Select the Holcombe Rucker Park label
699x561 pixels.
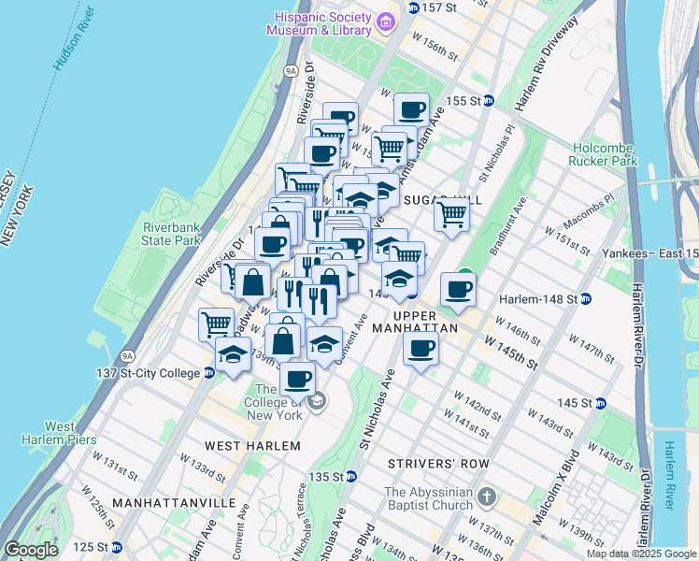[x=602, y=151]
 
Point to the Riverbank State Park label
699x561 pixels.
[x=172, y=234]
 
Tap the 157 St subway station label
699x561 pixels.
[x=439, y=7]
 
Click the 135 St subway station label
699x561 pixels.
[x=327, y=477]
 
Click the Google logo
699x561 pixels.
[x=31, y=550]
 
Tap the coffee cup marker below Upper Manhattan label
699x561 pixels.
[x=421, y=351]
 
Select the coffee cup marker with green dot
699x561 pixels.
[x=457, y=288]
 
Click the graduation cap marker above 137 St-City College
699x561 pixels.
[x=233, y=354]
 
